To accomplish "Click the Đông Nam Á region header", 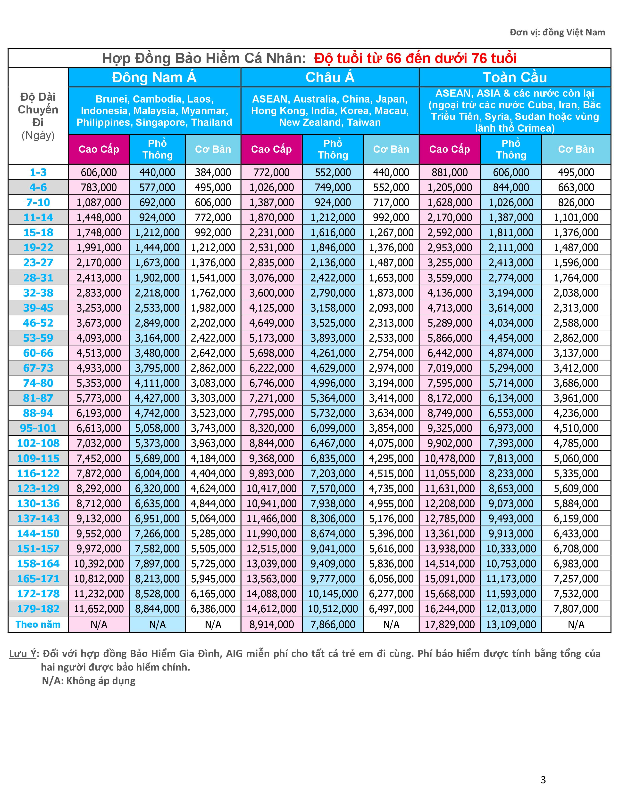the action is coord(154,77).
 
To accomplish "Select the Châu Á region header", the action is coord(330,77).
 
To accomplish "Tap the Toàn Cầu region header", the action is coord(515,77).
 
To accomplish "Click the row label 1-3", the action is coord(38,172).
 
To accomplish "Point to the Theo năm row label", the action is coord(38,624).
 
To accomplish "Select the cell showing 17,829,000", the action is coord(450,624).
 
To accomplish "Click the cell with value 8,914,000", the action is coord(271,624).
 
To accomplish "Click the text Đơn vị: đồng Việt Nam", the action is coord(557,32).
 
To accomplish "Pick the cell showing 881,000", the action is coord(450,172).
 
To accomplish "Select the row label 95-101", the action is coord(38,428).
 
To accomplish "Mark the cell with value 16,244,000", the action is coord(450,609).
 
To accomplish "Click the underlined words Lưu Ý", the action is coord(23,654).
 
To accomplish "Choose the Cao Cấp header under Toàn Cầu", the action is coord(450,149).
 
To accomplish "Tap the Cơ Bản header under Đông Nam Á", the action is coord(213,149).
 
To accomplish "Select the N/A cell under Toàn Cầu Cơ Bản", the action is coord(576,624).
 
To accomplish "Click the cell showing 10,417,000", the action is coord(271,488).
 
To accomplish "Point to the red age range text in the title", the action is coord(416,58).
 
